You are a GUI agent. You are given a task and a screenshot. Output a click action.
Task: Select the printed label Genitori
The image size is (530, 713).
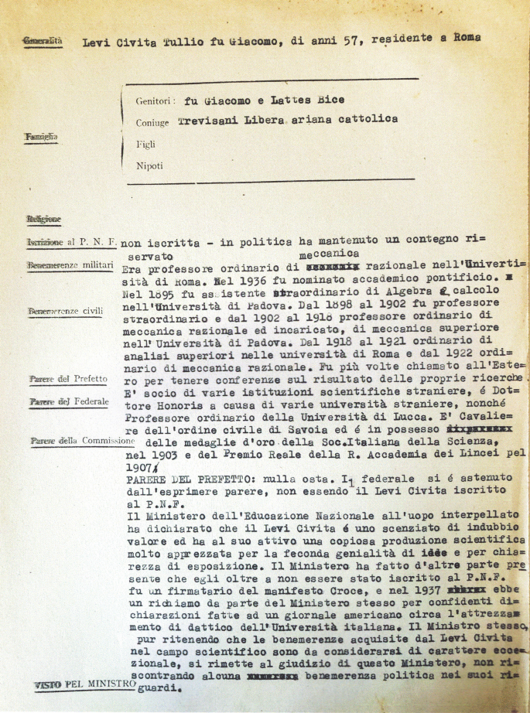(152, 101)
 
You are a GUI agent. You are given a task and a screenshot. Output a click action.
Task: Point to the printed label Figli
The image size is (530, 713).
(145, 144)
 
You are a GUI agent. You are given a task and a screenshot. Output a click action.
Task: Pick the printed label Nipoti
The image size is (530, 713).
(149, 165)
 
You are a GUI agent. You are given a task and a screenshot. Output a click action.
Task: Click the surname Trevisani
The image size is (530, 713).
(210, 121)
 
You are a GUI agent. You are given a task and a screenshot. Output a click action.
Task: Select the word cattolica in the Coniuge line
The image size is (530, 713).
(366, 119)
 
